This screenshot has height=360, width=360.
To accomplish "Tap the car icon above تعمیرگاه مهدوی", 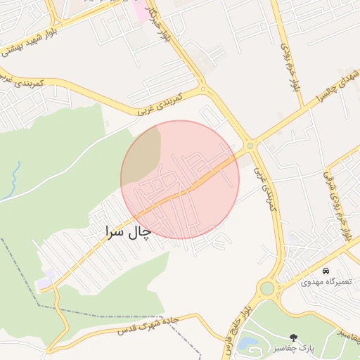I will [326, 271].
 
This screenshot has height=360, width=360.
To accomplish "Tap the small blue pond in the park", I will [247, 345].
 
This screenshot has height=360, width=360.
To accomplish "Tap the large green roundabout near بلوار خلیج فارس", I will [266, 288].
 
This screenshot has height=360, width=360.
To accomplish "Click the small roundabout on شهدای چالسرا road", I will [250, 146].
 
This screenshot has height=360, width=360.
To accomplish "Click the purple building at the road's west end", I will [45, 281].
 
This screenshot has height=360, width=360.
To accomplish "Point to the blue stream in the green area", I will [16, 179].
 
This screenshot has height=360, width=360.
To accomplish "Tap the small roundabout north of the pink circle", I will [202, 89].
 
